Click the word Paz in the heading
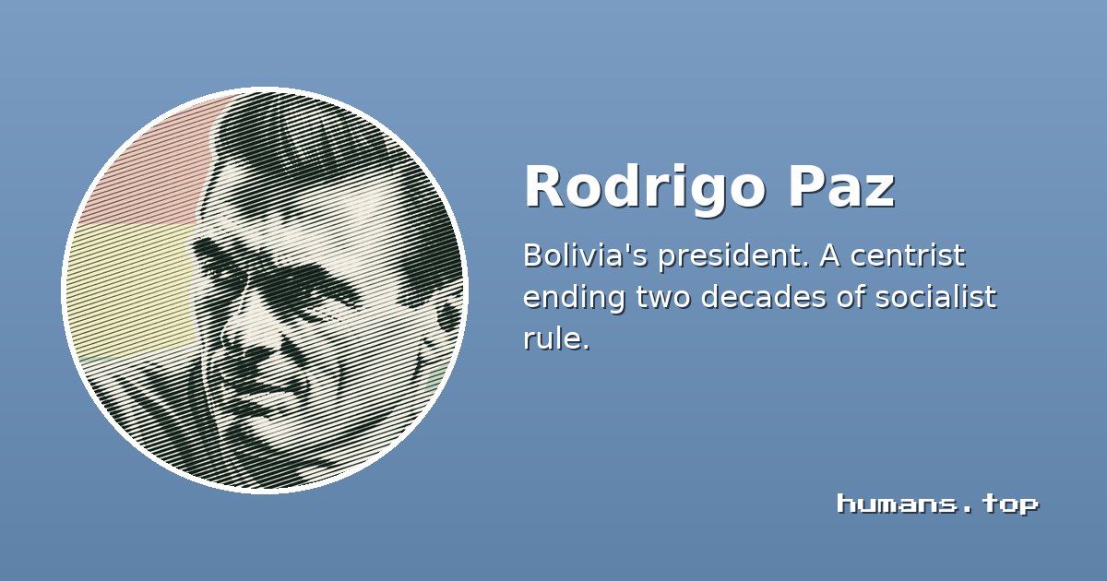(x=841, y=186)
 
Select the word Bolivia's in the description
(x=585, y=255)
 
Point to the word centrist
(x=908, y=256)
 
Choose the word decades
(x=764, y=297)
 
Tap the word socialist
(x=936, y=297)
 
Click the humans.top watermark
(x=937, y=504)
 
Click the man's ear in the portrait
(x=447, y=316)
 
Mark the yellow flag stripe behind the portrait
(x=131, y=289)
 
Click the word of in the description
(x=850, y=297)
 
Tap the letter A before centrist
(x=829, y=256)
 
